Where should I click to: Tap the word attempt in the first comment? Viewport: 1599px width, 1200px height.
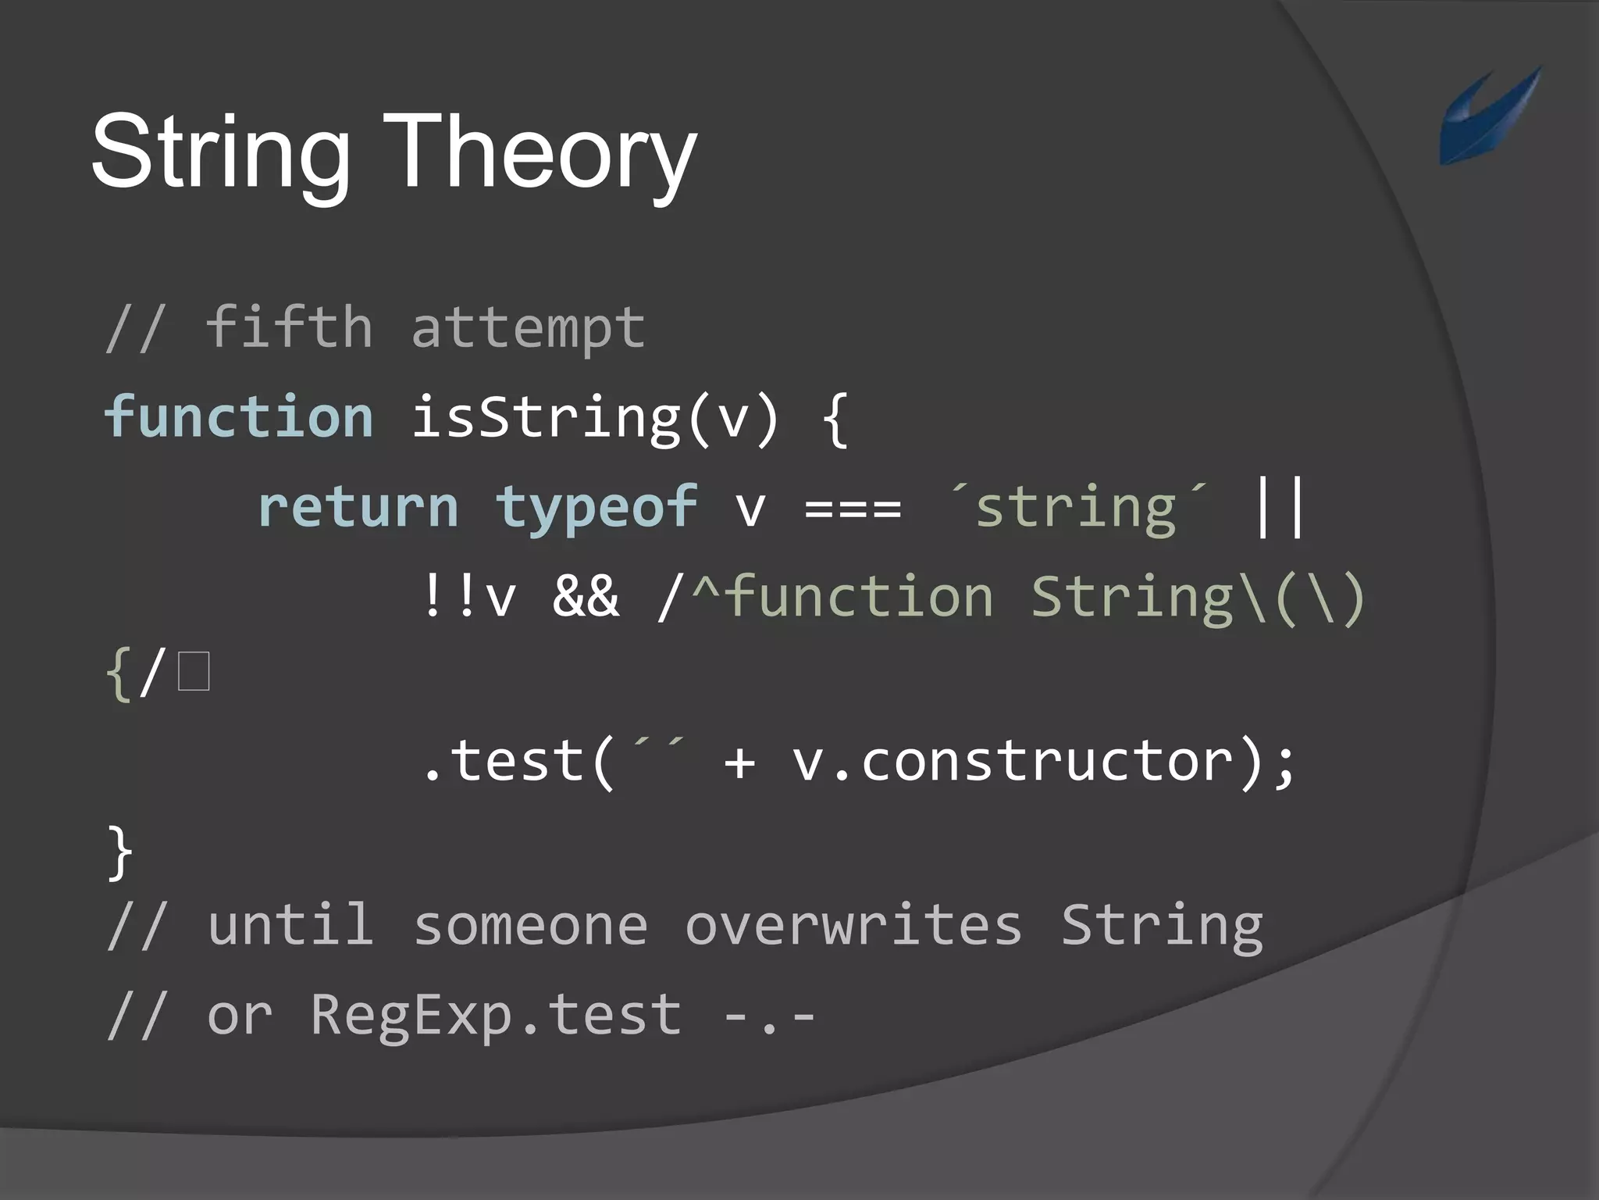(528, 328)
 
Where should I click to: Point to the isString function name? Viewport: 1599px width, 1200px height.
(545, 418)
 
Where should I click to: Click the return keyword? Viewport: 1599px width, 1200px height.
(358, 507)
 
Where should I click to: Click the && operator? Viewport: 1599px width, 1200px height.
(586, 597)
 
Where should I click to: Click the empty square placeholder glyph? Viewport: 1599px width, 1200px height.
(194, 672)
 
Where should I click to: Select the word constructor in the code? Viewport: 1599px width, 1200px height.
(1047, 761)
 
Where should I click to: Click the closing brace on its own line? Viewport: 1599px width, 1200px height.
(119, 852)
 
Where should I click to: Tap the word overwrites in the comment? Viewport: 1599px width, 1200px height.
(853, 927)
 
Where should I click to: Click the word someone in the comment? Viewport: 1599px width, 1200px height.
(530, 927)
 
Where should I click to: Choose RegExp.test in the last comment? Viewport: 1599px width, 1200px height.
(496, 1016)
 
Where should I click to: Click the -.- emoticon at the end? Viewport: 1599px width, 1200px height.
(770, 1016)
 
